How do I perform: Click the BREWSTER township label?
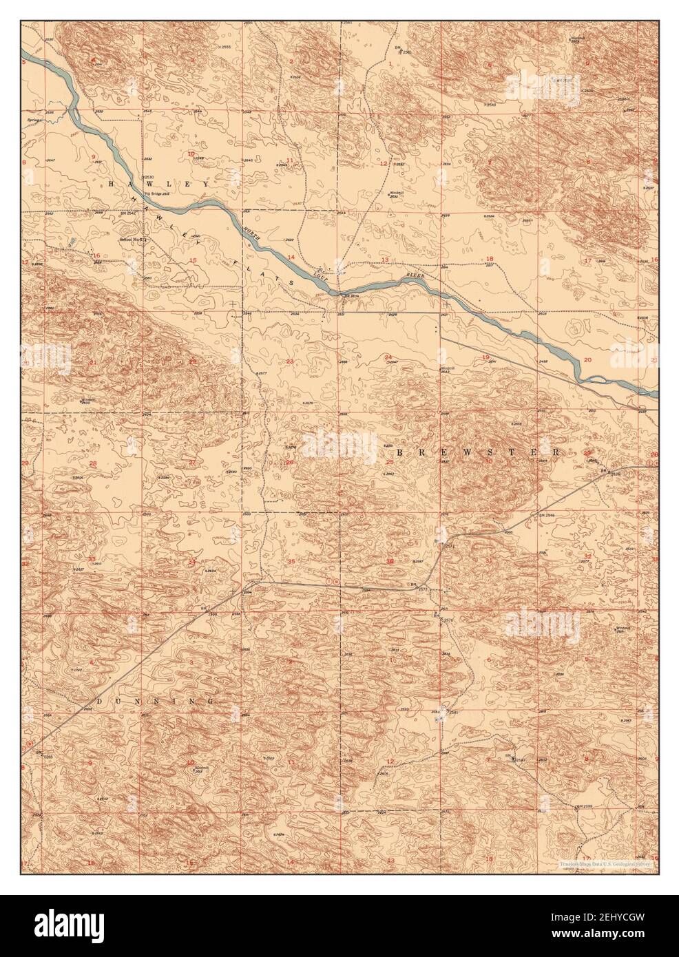coord(479,452)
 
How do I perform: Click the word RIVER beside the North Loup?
coord(415,275)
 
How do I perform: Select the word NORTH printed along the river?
coord(253,235)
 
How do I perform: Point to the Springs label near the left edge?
coord(34,119)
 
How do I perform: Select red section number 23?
coord(290,361)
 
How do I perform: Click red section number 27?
coord(192,462)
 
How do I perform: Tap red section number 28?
coord(92,463)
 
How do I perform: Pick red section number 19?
coord(485,357)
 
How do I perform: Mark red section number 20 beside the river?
coord(587,359)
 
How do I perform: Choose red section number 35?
coord(291,562)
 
